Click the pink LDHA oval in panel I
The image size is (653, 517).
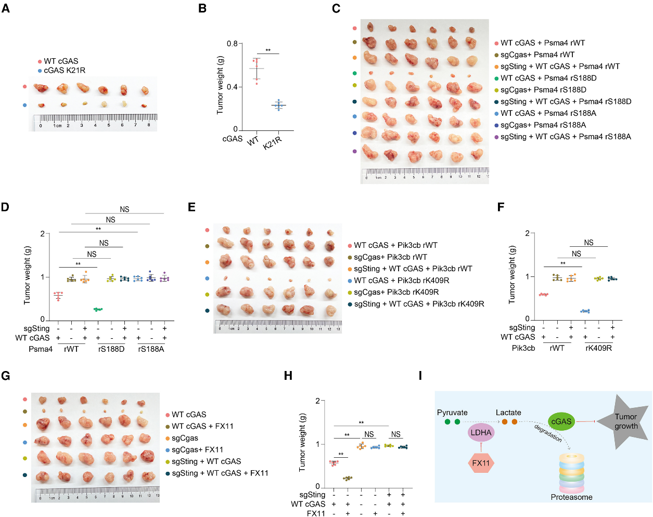click(481, 432)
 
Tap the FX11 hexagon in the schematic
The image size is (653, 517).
click(481, 463)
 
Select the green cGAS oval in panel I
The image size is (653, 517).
click(561, 421)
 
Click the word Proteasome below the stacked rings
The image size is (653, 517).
click(571, 497)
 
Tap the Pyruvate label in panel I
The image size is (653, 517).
click(452, 413)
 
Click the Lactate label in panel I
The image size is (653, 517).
click(508, 413)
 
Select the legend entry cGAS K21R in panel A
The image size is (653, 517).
click(65, 70)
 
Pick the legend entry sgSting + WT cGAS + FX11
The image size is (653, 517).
click(220, 473)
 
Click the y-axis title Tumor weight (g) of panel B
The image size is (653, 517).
click(220, 85)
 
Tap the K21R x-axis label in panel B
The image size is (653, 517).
click(272, 142)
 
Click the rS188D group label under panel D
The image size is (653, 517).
click(111, 349)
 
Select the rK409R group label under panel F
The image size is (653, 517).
click(598, 348)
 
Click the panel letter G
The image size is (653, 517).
click(6, 376)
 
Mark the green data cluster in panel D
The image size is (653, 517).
click(98, 309)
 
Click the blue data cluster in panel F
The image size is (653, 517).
click(585, 311)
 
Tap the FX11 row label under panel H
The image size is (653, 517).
click(316, 513)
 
